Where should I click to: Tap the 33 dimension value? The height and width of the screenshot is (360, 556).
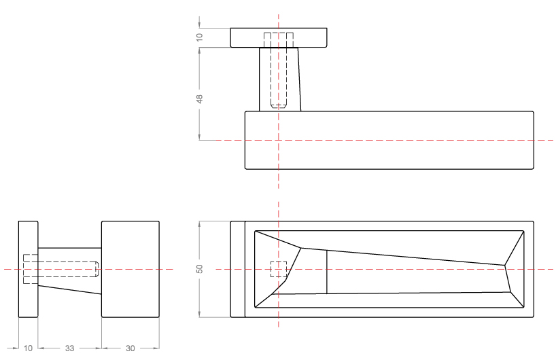(69, 348)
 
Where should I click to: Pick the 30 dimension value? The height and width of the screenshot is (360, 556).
(131, 348)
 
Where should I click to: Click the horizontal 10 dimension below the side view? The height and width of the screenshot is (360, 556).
(28, 348)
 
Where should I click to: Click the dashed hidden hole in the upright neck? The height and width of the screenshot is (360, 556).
(279, 71)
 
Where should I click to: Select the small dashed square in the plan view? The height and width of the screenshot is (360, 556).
(279, 270)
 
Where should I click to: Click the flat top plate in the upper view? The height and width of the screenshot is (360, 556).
(309, 38)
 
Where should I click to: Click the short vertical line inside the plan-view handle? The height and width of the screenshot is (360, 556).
(327, 272)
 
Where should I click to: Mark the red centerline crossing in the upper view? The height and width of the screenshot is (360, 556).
(279, 140)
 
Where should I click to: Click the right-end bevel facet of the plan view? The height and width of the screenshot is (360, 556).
(515, 265)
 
